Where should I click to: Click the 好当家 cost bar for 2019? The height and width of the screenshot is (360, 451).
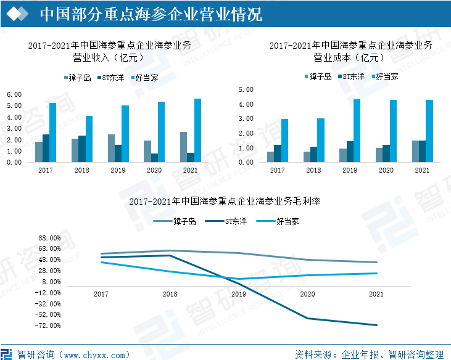tap(357, 131)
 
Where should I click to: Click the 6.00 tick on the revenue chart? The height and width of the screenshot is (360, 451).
tap(14, 94)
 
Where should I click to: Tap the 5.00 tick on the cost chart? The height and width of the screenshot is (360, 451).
tap(246, 89)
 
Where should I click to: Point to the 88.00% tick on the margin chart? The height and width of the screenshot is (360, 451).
tap(49, 238)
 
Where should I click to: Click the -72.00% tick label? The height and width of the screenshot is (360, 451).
tap(49, 325)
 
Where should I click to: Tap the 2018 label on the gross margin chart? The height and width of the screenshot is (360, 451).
tap(170, 295)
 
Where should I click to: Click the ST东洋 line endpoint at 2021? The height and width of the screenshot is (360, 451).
tap(376, 325)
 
